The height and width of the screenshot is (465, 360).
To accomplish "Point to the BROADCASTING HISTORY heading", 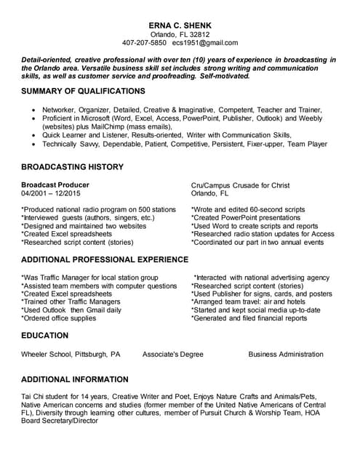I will pos(72,166).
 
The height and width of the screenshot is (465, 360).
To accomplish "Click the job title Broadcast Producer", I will pos(57,185).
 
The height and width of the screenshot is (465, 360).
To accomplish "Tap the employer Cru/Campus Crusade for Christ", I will pos(240,185).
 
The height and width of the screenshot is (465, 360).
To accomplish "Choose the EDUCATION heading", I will pos(45,335).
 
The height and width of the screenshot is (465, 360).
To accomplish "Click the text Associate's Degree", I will pos(172,355).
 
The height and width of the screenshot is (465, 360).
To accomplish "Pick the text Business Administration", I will pos(286,355).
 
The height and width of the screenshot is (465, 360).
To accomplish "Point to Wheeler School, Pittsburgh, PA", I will pos(71,355).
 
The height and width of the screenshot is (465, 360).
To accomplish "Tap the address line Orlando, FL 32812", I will pos(179,34).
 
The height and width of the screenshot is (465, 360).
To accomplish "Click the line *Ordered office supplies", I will pos(58,318).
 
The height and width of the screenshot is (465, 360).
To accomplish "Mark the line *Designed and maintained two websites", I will pos(84,226).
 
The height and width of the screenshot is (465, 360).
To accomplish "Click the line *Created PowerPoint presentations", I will pos(245,217).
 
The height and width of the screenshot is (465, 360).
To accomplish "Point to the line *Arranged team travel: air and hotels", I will pos(248,301).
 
